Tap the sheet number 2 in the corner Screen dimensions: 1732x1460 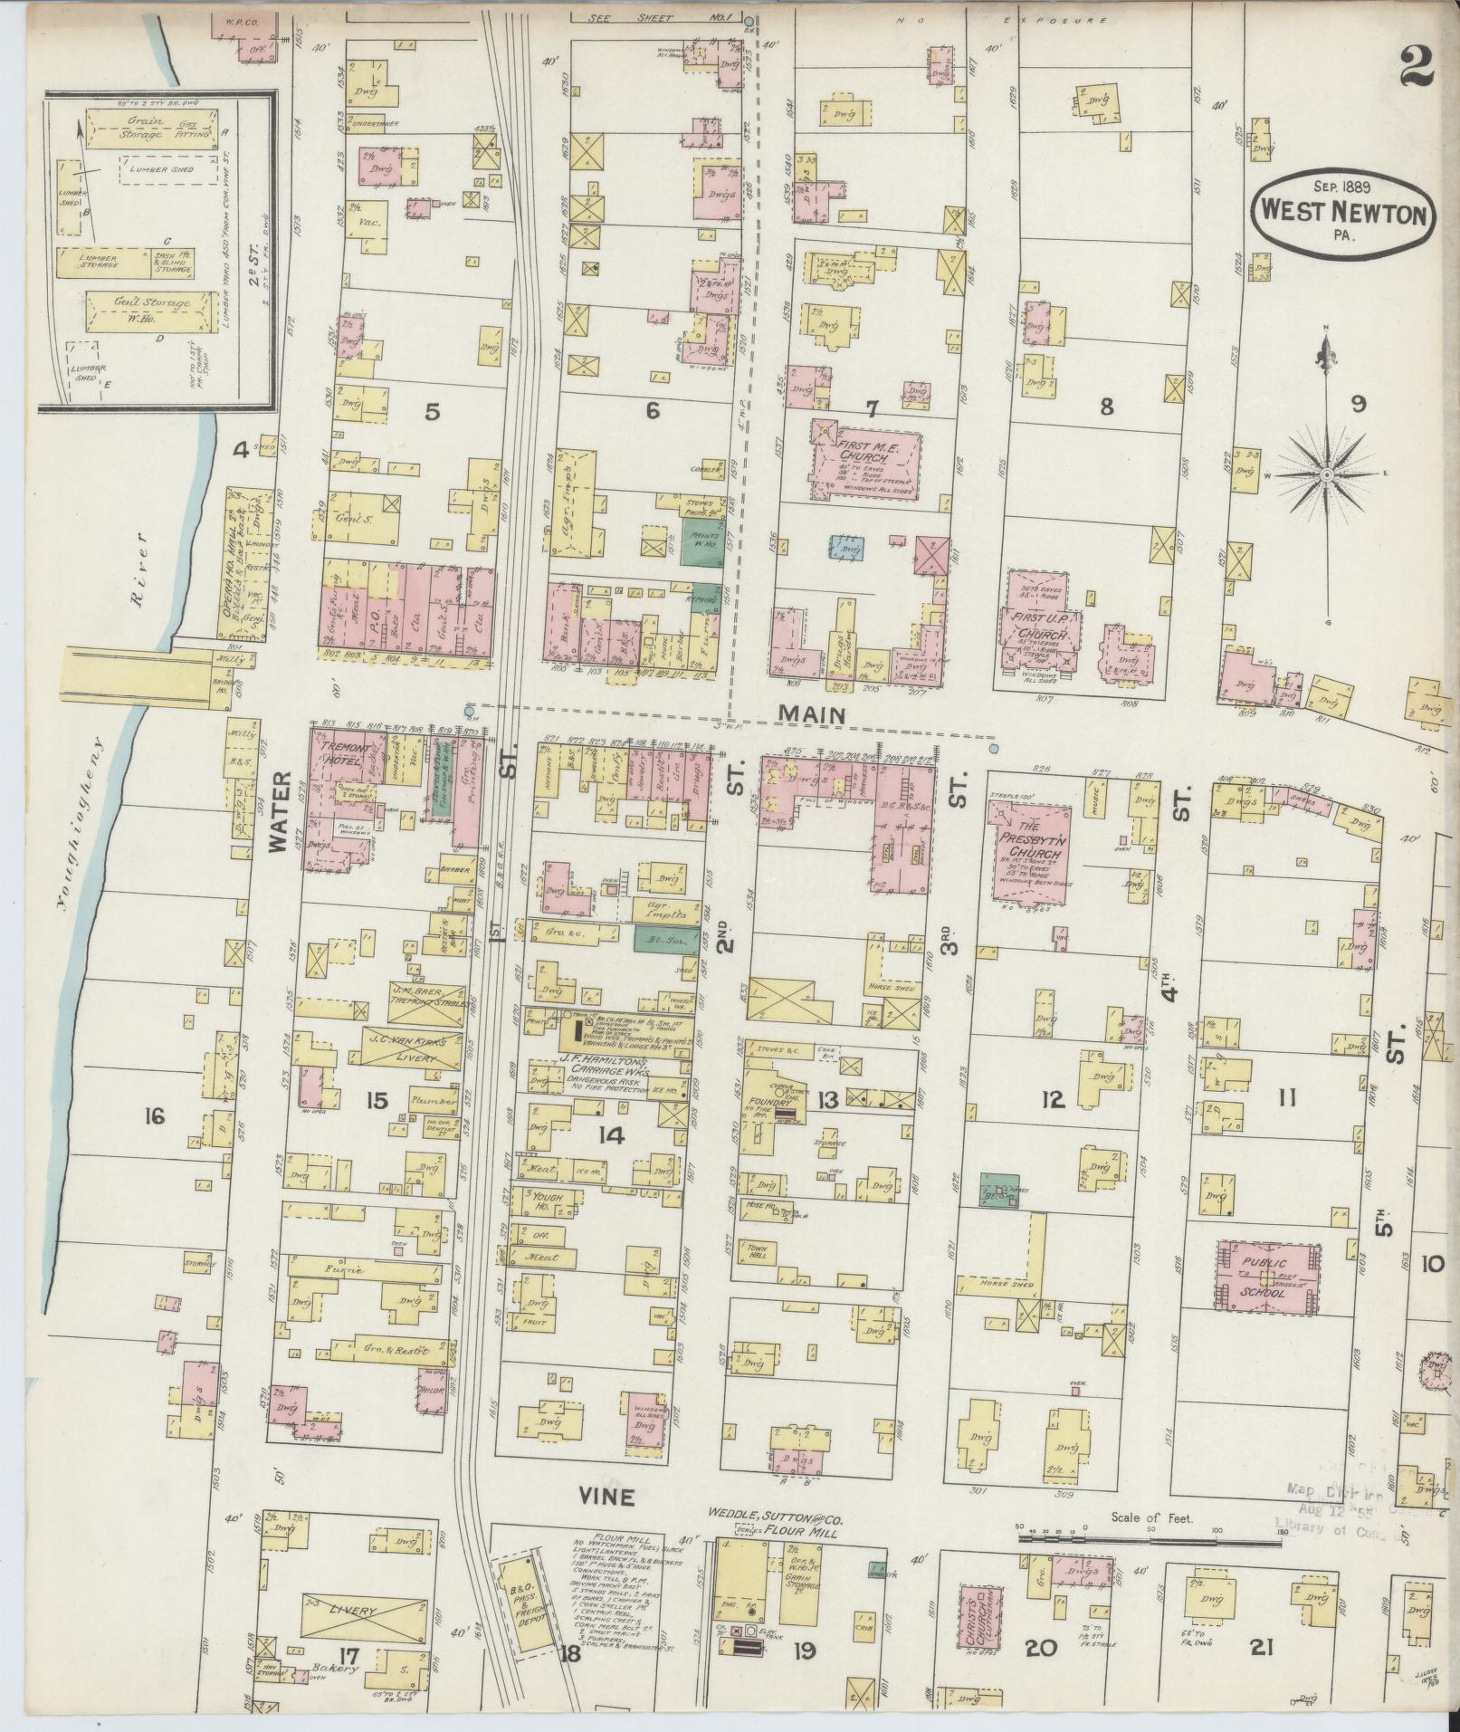click(1417, 66)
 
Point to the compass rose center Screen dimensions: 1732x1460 click(1325, 474)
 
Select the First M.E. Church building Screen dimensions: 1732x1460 click(864, 464)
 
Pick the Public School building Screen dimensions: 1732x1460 click(1265, 1277)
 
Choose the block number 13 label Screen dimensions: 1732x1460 click(826, 1099)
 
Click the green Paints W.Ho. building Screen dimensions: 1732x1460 click(703, 541)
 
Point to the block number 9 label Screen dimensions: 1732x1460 click(1358, 405)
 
